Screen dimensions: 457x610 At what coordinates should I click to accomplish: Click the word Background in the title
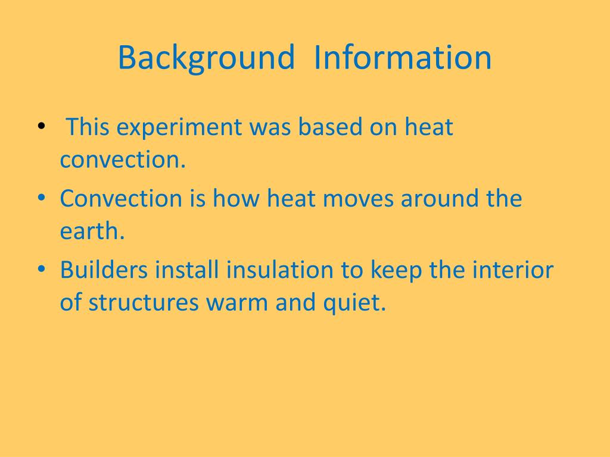coord(206,58)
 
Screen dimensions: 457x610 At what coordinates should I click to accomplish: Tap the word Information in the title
coord(403,58)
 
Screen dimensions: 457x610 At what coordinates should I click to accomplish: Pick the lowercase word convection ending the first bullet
coord(123,160)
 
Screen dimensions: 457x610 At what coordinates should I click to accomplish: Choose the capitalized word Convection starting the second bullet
coord(121,199)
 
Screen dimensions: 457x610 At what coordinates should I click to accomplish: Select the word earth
coord(92,231)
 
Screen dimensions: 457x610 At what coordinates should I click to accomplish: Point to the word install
coord(188,270)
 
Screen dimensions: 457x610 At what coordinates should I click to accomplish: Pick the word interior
coord(513,270)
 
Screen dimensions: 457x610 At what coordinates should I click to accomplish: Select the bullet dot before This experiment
coord(41,127)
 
